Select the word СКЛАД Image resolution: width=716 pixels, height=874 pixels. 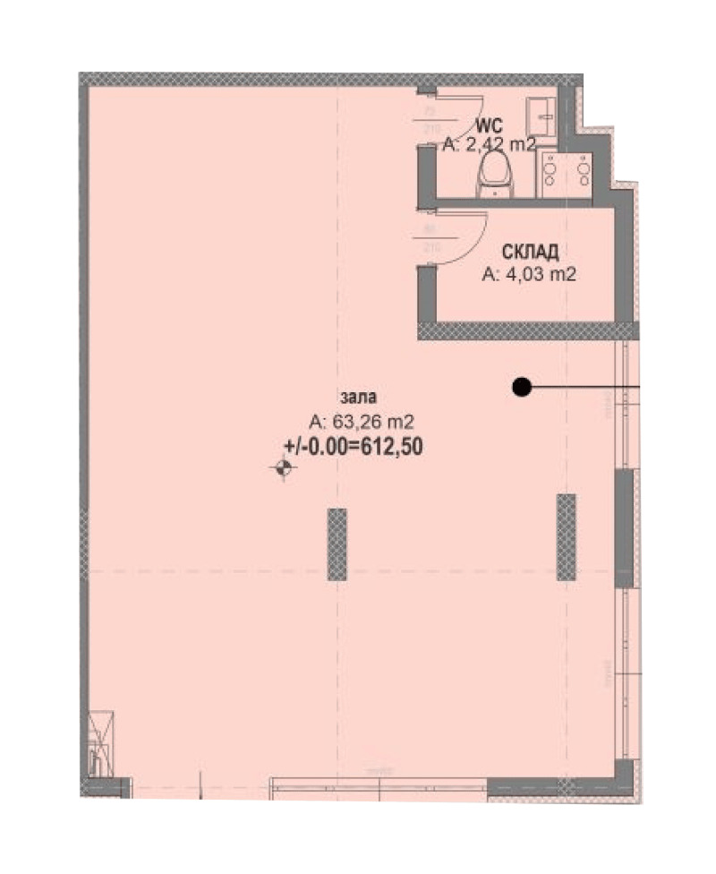click(x=524, y=253)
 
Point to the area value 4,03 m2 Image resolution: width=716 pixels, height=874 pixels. click(x=528, y=275)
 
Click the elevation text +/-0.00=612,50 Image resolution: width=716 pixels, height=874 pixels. click(x=353, y=445)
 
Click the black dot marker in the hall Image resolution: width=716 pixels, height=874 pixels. click(x=521, y=387)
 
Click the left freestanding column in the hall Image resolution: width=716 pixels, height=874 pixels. click(x=337, y=544)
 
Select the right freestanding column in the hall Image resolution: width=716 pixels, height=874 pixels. click(x=566, y=536)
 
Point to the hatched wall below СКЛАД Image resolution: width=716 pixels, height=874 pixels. click(x=528, y=330)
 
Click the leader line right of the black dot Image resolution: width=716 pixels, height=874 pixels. click(x=586, y=387)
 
